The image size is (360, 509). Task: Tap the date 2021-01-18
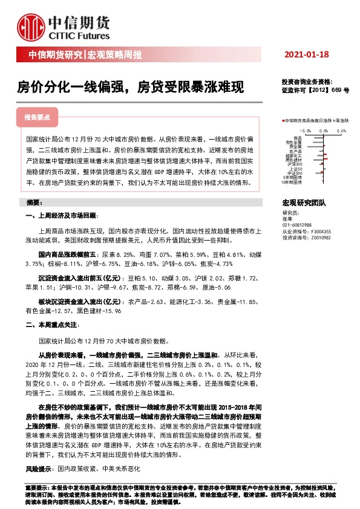pyautogui.click(x=307, y=55)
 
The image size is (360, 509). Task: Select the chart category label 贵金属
pyautogui.click(x=295, y=146)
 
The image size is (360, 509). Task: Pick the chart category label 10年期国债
pyautogui.click(x=292, y=181)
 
